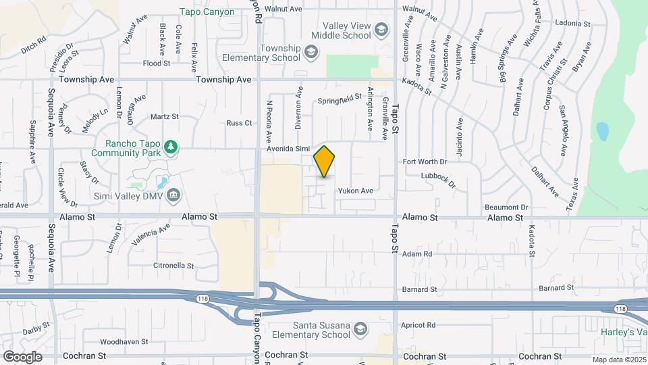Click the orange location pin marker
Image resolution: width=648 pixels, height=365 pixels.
[325, 162]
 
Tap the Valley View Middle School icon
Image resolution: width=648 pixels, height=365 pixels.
[381, 29]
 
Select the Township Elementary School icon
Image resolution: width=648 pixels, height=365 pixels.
[310, 51]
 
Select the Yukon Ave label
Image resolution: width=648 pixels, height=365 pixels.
[356, 191]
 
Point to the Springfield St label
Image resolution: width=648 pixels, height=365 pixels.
[341, 99]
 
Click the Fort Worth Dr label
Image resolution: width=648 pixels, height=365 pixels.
[425, 162]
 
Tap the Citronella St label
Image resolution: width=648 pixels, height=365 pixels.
[173, 266]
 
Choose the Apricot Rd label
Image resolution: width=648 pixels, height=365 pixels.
[418, 325]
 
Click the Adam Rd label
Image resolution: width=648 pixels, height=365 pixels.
[417, 254]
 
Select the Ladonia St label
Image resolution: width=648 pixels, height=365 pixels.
[572, 23]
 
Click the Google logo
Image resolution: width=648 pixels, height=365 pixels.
[22, 356]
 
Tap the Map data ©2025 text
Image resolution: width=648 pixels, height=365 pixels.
[618, 360]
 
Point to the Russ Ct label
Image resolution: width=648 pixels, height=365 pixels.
[239, 123]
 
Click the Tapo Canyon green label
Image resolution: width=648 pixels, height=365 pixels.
[207, 11]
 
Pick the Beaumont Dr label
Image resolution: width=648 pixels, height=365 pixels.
[506, 207]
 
